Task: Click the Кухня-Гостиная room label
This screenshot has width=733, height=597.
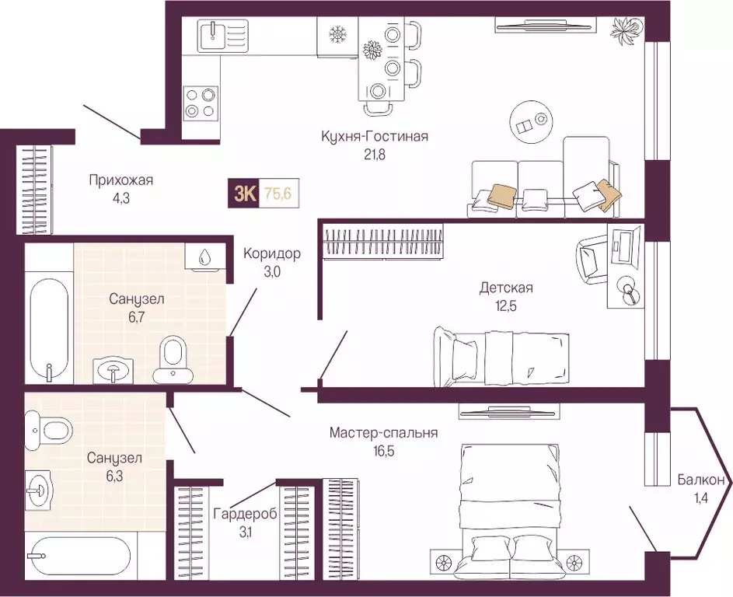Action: [375, 137]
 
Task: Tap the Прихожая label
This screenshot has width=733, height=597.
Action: [121, 180]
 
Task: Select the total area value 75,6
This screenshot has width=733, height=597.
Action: [277, 193]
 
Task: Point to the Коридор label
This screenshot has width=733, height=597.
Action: [271, 254]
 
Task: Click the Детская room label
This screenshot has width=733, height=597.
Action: [506, 287]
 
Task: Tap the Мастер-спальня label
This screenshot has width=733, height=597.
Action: [383, 433]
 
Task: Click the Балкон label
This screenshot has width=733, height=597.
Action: [701, 480]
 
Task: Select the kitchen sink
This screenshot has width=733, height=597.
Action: [223, 36]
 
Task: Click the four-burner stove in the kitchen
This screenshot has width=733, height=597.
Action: [200, 103]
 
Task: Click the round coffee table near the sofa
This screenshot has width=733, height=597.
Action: [534, 123]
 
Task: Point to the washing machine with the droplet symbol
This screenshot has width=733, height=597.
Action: [204, 257]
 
